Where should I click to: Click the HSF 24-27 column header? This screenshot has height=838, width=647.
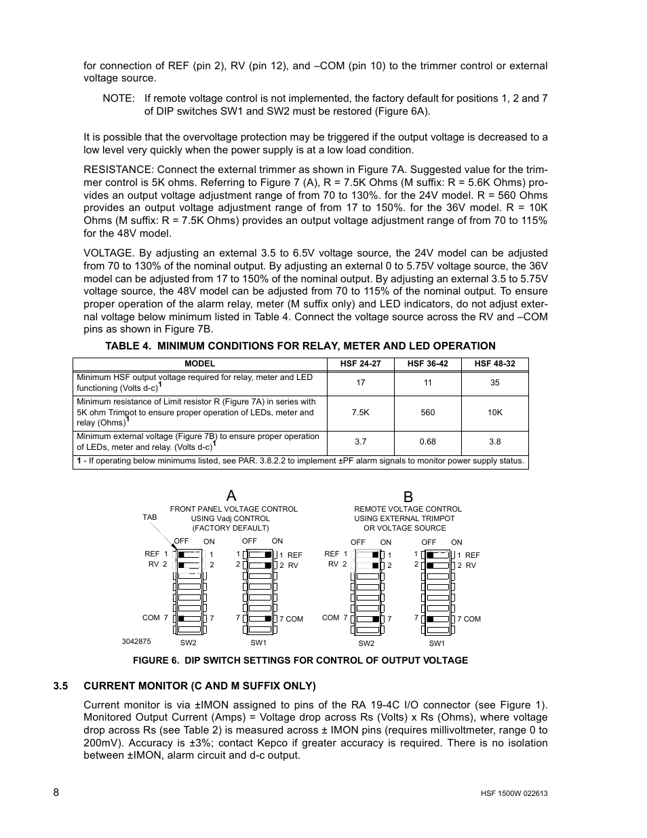click(360, 364)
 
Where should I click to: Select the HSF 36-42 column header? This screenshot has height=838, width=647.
click(427, 364)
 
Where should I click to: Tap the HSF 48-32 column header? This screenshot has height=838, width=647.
click(494, 364)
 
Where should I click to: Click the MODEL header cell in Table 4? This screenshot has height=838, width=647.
click(199, 364)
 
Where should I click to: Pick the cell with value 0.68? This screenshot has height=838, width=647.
click(427, 442)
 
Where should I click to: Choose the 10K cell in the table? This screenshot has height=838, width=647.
click(494, 412)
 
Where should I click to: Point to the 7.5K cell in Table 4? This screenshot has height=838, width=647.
click(360, 412)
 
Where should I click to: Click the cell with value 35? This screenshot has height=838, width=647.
click(494, 383)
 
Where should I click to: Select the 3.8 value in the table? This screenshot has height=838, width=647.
click(494, 442)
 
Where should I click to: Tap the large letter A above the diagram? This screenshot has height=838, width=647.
click(231, 495)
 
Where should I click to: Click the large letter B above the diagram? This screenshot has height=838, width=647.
click(408, 497)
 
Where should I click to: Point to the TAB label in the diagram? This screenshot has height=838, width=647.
click(149, 518)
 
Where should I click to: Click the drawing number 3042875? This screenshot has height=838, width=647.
click(136, 641)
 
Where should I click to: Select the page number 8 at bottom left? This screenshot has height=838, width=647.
click(57, 793)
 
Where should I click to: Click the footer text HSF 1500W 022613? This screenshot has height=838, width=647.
click(509, 793)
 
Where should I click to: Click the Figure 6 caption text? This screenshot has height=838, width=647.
click(300, 660)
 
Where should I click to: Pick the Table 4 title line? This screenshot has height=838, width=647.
click(300, 345)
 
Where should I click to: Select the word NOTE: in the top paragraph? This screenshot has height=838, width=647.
click(119, 98)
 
